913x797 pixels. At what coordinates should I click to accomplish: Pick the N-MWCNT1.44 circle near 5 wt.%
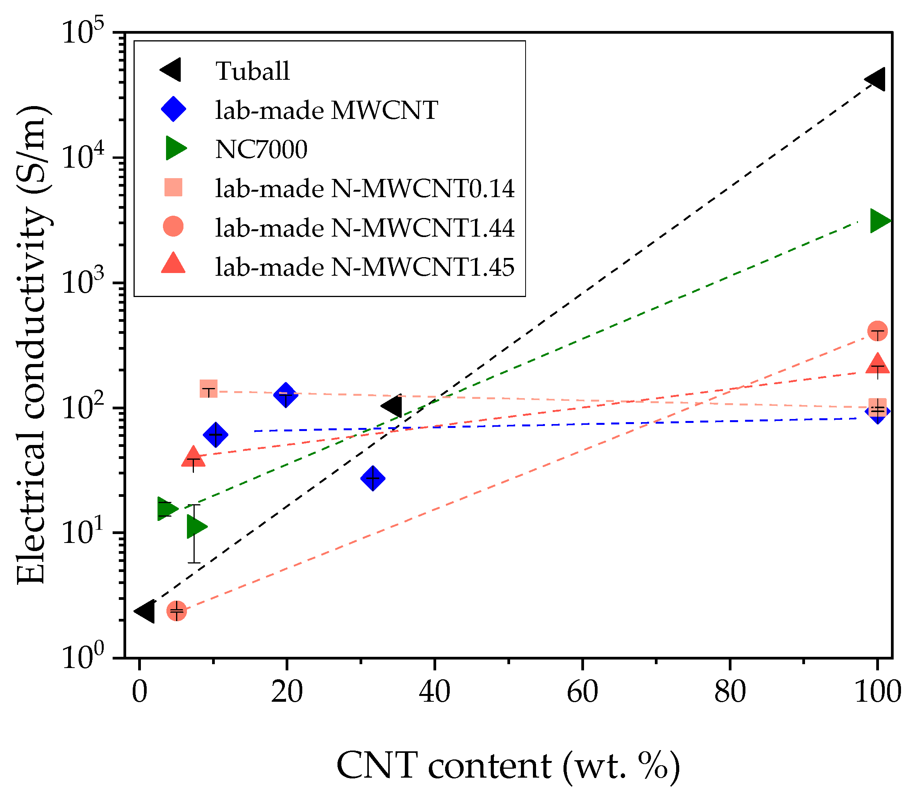point(176,611)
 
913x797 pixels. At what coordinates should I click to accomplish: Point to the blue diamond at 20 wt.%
point(286,395)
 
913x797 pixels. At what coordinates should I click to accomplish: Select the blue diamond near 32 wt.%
point(373,479)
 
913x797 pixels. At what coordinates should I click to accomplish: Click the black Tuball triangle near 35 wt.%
point(393,405)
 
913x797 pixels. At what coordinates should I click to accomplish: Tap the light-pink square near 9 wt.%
point(209,389)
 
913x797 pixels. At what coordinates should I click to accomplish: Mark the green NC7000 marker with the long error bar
point(195,527)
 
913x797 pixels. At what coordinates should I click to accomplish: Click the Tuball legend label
point(252,71)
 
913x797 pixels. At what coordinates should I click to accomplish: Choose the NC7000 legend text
point(261,149)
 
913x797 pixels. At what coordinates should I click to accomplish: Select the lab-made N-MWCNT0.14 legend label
point(365,189)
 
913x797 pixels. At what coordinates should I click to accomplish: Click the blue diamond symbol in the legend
point(173,110)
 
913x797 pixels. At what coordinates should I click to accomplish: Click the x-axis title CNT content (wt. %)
point(508,766)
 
